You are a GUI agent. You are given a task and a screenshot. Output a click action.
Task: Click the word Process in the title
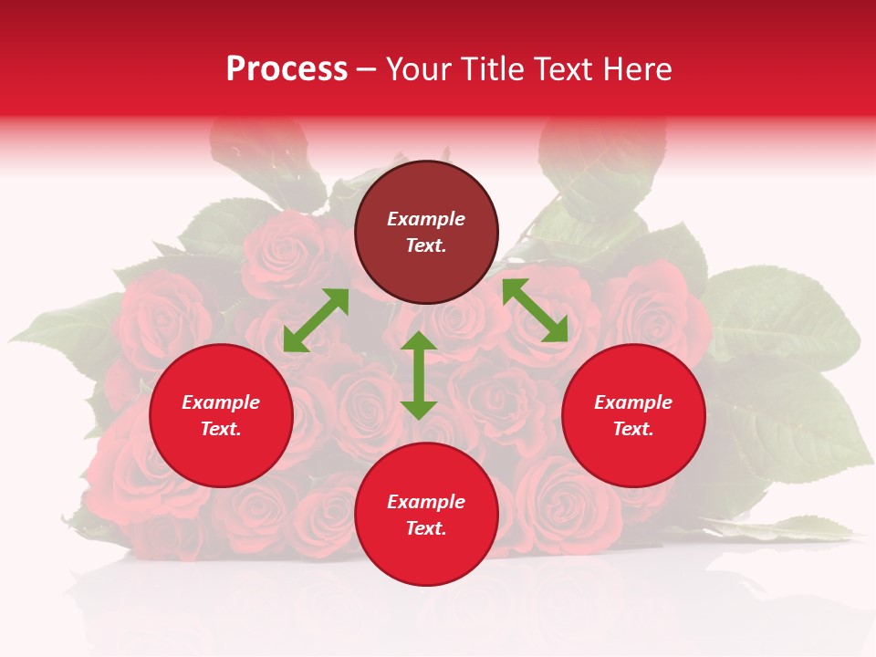[287, 69]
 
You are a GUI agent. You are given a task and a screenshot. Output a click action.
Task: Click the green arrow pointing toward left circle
[316, 319]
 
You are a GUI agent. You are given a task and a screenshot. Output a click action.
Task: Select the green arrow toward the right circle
[536, 310]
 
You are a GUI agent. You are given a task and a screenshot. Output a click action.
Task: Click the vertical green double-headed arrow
[419, 375]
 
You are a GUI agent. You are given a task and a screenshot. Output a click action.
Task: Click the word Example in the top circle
[426, 219]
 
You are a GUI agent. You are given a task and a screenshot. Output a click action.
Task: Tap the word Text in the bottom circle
[426, 528]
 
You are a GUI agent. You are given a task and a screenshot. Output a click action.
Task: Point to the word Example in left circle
[221, 402]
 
